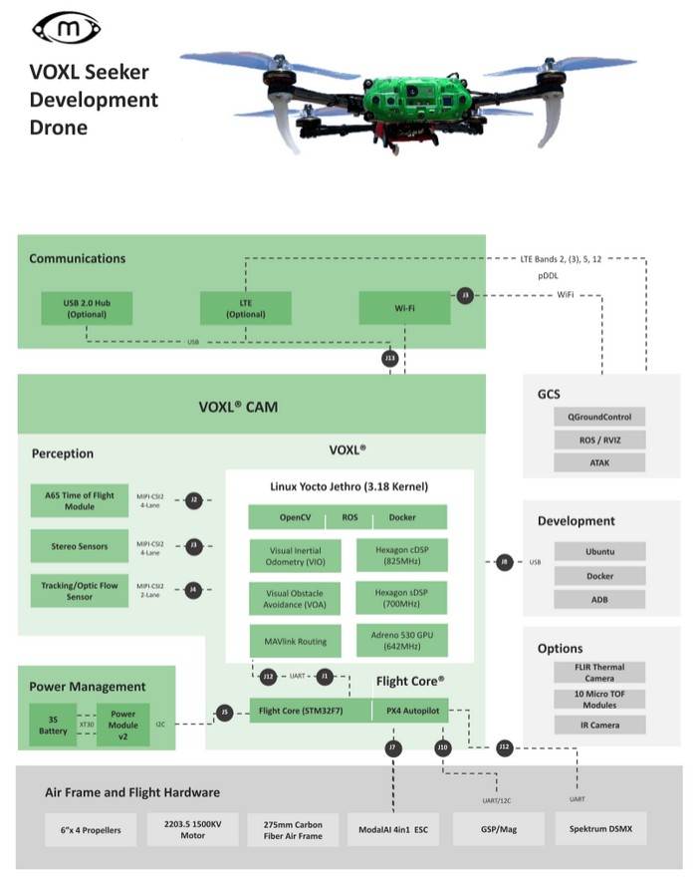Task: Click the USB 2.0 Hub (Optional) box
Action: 87,308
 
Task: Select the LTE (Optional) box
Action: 246,308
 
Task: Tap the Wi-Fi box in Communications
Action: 404,308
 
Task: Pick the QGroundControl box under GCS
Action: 599,416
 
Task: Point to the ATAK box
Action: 599,462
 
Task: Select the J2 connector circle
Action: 194,499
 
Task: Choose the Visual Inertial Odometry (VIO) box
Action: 295,555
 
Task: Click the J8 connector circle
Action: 505,563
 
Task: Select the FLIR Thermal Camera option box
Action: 599,672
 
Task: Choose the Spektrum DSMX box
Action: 600,829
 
